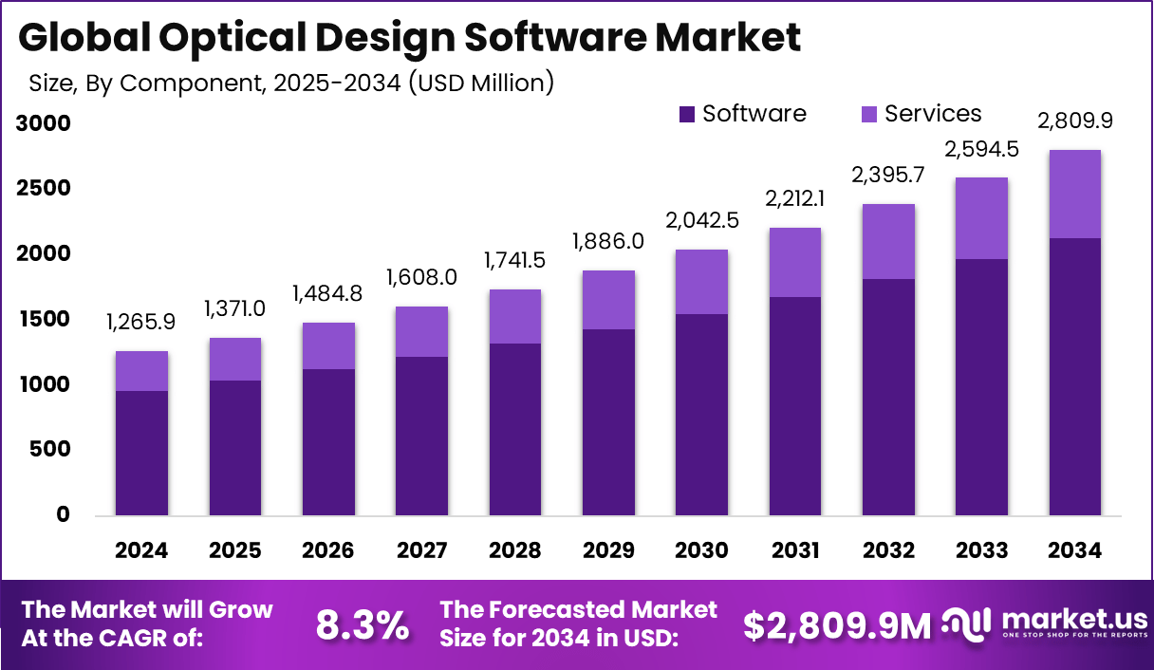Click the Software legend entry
click(x=742, y=114)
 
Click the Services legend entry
click(x=921, y=114)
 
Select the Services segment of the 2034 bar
click(x=1074, y=194)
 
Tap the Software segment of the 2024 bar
click(x=141, y=453)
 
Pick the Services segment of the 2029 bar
click(x=608, y=300)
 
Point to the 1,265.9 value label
click(x=141, y=323)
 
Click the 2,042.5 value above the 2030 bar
click(x=701, y=221)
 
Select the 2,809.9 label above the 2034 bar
click(x=1074, y=121)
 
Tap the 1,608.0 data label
click(x=421, y=278)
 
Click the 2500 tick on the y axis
click(x=43, y=189)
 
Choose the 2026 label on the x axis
click(x=328, y=551)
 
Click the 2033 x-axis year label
click(x=981, y=551)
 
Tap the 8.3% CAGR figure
click(x=363, y=625)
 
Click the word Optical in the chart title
click(x=232, y=38)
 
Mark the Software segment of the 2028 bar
click(x=515, y=429)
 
